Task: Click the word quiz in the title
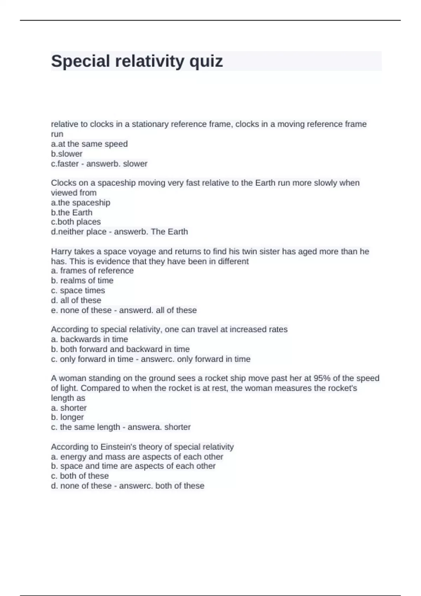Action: (x=206, y=61)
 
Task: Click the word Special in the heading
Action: (x=81, y=61)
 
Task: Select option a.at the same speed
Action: (x=89, y=144)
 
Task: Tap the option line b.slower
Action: (x=67, y=154)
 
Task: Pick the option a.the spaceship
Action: (x=80, y=203)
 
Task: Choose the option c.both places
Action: (x=76, y=222)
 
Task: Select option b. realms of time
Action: (x=82, y=280)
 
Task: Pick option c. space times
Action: (x=78, y=290)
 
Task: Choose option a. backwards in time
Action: (x=89, y=339)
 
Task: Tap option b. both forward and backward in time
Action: (x=120, y=349)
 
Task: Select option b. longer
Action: (x=67, y=417)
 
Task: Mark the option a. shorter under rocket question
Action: (x=69, y=408)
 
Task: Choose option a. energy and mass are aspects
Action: (x=137, y=456)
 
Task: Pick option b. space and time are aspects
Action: (x=133, y=466)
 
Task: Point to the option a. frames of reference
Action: (x=92, y=271)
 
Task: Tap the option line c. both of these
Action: (x=80, y=476)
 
